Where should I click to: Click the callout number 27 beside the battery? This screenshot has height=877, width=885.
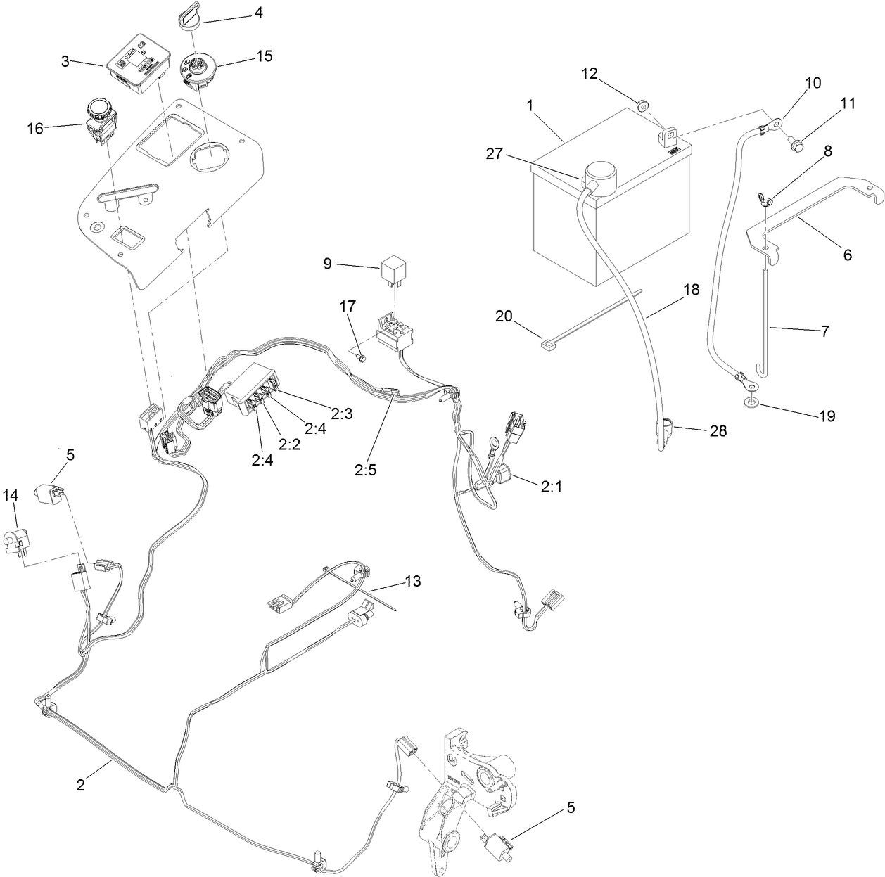tap(495, 153)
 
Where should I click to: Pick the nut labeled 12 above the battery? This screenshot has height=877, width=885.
tap(642, 106)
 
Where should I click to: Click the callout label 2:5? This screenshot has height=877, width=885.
tap(366, 469)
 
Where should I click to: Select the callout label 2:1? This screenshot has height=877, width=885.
tap(552, 486)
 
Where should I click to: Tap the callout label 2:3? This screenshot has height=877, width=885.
tap(341, 414)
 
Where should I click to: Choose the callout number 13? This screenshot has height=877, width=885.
tap(413, 582)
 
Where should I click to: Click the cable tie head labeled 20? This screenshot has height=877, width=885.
tap(546, 345)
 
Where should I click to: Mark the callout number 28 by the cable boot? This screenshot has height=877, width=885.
tap(718, 431)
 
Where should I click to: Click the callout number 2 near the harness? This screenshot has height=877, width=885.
tap(81, 785)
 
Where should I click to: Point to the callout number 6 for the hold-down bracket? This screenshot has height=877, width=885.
tap(847, 255)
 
